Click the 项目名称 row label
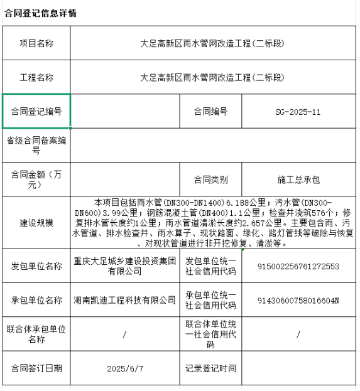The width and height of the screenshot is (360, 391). point(36,43)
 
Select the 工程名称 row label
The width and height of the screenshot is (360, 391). point(36,78)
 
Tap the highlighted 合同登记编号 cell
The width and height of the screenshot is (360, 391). point(36,112)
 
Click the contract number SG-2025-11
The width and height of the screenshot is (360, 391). point(298,112)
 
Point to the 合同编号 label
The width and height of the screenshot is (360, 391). point(210,112)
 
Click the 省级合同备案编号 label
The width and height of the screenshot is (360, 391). point(36,145)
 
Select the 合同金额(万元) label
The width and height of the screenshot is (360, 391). point(36,179)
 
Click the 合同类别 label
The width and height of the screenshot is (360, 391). point(210,179)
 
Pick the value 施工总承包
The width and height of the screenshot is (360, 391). point(298,179)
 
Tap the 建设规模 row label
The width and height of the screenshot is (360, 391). point(36,223)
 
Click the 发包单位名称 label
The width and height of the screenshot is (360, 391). point(36,266)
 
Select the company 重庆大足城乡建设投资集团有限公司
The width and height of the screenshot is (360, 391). point(124,266)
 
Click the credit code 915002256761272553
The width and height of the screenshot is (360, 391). point(298,266)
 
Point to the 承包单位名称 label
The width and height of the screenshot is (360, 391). point(36,300)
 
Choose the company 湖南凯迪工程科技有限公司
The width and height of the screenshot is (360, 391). point(124,300)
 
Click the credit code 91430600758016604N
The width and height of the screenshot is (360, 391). point(298,300)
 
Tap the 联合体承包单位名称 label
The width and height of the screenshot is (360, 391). point(36,334)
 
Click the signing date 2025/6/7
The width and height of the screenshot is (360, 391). point(125,368)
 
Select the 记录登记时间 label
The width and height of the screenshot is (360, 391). point(210,368)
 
